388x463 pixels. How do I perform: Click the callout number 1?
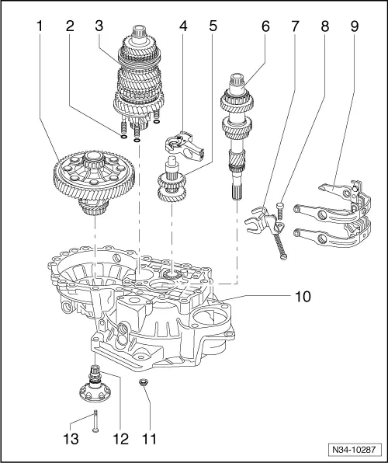click(38, 26)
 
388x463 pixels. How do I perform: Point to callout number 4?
click(183, 26)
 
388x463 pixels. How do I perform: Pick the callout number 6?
click(266, 26)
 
